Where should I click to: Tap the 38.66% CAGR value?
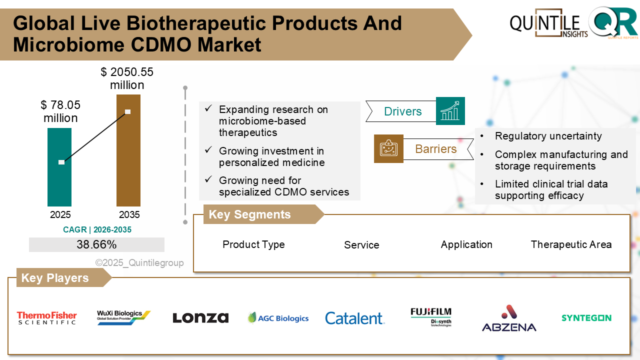click(96, 244)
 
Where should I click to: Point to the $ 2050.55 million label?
click(127, 78)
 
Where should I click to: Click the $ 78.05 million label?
click(60, 111)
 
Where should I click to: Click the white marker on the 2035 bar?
click(128, 111)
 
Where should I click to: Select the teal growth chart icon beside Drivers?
click(450, 111)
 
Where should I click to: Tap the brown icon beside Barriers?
click(388, 148)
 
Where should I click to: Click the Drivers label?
click(402, 111)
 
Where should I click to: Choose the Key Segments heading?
click(250, 214)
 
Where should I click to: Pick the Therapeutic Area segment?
click(571, 244)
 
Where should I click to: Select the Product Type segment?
click(253, 244)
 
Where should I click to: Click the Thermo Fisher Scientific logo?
click(46, 318)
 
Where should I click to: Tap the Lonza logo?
click(200, 318)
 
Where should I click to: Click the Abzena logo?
click(509, 319)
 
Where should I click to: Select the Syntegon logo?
click(586, 318)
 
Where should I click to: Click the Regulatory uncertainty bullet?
click(548, 136)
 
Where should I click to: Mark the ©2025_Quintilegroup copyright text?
click(139, 263)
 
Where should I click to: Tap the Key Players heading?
click(55, 278)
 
